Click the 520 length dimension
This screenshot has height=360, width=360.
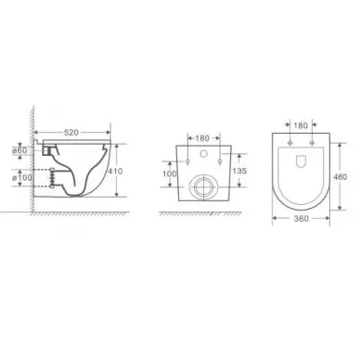[71, 133]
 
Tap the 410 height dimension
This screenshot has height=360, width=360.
[115, 171]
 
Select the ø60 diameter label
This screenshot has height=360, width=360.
[19, 150]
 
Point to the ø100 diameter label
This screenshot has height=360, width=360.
[22, 177]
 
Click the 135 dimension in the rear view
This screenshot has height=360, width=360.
[239, 171]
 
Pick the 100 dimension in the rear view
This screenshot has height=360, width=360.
[170, 174]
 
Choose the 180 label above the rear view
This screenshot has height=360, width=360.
[202, 138]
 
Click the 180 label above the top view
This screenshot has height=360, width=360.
[301, 125]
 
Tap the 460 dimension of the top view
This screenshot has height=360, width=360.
[340, 177]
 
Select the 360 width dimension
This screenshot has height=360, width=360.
[301, 219]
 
